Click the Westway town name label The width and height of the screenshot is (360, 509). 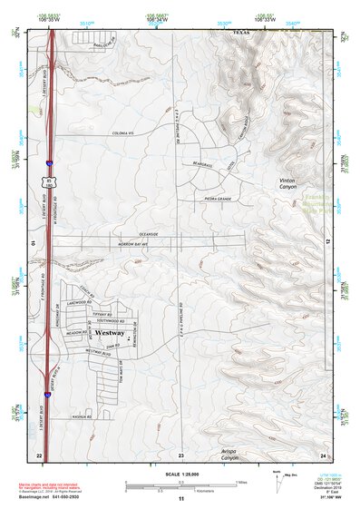(109, 334)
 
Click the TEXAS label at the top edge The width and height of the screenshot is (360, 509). (240, 30)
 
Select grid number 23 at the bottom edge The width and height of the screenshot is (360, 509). (180, 454)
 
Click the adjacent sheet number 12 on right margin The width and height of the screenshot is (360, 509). (327, 240)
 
